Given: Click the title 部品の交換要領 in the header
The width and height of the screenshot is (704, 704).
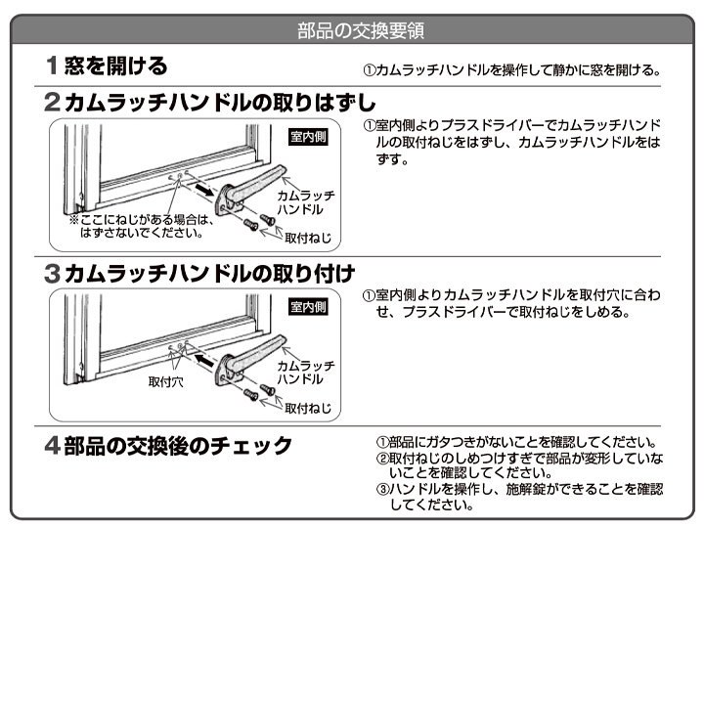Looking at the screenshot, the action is tap(361, 30).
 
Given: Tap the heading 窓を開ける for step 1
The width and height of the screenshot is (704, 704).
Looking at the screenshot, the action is tap(115, 66).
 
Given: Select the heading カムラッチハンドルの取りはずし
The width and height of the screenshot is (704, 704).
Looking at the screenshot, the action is tap(220, 103).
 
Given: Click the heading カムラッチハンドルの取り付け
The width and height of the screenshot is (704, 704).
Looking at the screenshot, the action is tap(209, 274).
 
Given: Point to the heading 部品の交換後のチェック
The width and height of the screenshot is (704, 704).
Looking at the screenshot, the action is tap(178, 446).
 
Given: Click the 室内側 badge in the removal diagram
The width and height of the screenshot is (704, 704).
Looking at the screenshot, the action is tap(308, 137).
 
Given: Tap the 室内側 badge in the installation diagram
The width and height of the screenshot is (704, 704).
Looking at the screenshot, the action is tap(308, 307).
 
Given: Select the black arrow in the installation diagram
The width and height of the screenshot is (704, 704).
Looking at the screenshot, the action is tap(204, 360).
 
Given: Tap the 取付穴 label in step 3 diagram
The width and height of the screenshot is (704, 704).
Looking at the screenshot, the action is tap(165, 381).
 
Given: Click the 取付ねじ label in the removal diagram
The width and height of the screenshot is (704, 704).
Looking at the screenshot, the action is tap(308, 238).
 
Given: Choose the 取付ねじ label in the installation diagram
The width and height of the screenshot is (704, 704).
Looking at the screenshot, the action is tap(308, 408).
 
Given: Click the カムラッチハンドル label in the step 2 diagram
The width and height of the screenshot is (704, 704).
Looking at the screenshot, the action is tap(306, 202).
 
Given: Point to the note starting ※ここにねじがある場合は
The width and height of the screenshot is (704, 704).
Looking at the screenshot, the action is tap(142, 226).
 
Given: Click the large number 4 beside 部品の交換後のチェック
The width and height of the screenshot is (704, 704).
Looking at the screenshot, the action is tap(52, 446).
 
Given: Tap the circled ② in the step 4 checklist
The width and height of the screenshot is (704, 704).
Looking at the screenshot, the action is tap(382, 459).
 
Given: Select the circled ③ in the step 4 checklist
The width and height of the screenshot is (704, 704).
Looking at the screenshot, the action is tap(382, 489).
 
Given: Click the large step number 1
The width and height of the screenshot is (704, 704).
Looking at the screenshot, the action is tap(52, 66).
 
